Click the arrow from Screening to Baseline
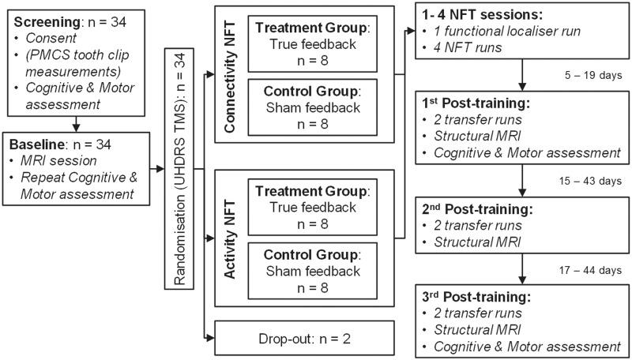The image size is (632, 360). click(74, 123)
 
